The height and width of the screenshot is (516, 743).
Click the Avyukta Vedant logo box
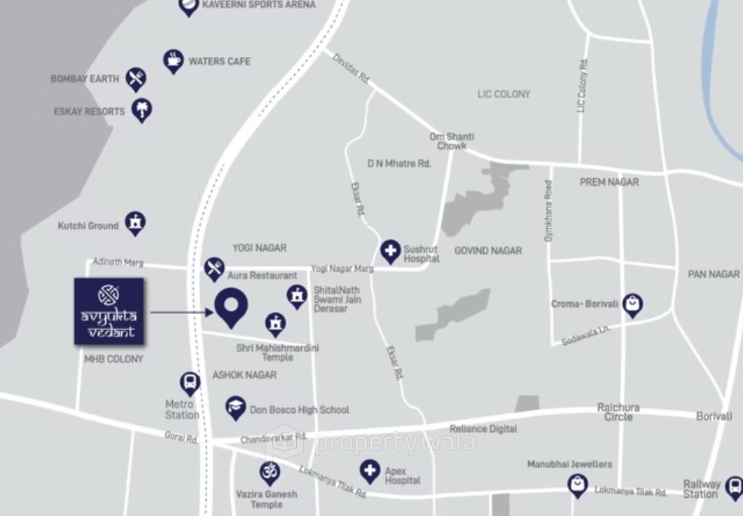(109, 311)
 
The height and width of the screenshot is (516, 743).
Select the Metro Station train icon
(189, 383)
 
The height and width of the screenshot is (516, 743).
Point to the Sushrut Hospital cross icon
(390, 250)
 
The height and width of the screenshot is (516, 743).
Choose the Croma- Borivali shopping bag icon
(632, 304)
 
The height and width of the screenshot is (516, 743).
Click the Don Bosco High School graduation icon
(235, 407)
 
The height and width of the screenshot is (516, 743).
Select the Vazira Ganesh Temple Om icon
(268, 472)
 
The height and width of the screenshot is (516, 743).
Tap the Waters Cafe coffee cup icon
(173, 60)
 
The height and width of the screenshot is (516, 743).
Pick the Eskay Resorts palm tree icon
(142, 109)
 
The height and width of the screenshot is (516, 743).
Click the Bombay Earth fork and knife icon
(136, 78)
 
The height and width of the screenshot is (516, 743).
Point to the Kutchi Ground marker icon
(134, 223)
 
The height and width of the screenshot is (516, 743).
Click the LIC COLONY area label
(504, 94)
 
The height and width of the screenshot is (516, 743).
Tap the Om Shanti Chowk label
(452, 141)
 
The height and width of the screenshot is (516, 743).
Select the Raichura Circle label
(618, 412)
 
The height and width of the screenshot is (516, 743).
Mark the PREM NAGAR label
(609, 182)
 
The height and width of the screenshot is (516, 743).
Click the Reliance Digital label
(483, 428)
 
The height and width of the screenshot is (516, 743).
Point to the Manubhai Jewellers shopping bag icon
(577, 483)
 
